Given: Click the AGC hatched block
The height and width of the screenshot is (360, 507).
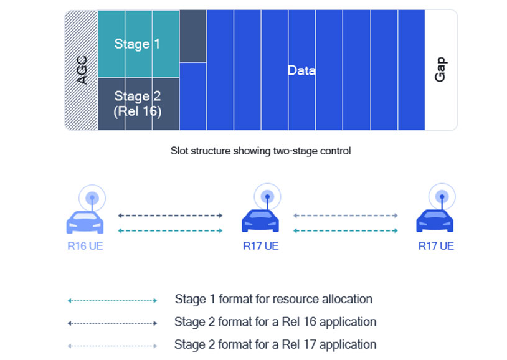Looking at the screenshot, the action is coord(81,70).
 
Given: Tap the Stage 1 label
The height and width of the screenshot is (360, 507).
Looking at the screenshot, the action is coord(137,44).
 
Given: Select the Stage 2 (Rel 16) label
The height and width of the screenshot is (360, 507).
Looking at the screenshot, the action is coord(138,104).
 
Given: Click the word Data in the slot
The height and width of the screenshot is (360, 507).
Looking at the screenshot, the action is coord(301,70).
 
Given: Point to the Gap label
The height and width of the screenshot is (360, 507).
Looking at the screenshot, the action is coord(441,70).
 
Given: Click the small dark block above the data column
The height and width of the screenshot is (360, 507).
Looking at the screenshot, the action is coord(193,36).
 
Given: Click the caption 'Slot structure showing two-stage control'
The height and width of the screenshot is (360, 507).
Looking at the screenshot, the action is coord(260,151).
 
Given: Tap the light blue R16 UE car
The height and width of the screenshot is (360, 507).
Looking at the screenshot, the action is coord(85,222).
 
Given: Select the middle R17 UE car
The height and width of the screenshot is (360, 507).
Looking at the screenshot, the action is coord(260,221).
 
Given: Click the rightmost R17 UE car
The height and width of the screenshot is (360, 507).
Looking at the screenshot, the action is coord(435,221).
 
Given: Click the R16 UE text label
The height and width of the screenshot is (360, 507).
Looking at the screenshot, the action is coord(85,246).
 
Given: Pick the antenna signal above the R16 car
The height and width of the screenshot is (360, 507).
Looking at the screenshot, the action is coord(92,197).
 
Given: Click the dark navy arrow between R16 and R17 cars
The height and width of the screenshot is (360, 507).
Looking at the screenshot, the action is coord(171,216).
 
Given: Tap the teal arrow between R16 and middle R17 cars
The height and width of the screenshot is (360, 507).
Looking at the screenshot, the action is coord(171,230).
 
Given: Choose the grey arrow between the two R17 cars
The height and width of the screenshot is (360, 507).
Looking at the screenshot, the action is coord(346,216).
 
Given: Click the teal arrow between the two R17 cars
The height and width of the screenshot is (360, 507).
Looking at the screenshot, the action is coord(346,230).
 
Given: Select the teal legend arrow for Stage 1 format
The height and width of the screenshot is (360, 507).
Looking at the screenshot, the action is coord(112,300).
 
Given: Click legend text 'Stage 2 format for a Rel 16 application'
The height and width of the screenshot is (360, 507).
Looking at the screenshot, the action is coord(275,322).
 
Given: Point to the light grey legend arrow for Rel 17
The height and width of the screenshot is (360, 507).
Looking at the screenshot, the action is coord(112,346).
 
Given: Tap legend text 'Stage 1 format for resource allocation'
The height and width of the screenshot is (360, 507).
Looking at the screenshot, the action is coord(273,299).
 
